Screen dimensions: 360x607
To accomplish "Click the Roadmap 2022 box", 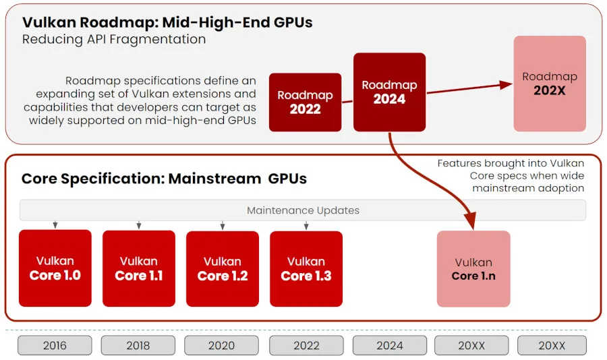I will tap(305, 102).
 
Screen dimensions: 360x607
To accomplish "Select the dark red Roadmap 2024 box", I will tap(389, 92).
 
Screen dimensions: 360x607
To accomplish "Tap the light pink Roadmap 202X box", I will tap(550, 84).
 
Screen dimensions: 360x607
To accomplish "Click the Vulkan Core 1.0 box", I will tap(55, 268).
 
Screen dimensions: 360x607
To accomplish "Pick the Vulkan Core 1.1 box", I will tap(139, 268).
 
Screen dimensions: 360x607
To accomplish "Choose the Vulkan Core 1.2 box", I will tap(223, 268).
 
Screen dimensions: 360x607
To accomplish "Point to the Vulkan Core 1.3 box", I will tap(306, 268).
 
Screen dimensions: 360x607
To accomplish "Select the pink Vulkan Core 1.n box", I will tap(473, 268).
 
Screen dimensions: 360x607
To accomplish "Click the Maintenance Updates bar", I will tap(303, 210).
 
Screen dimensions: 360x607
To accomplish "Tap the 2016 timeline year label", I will tap(55, 346).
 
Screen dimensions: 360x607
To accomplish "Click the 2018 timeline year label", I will tap(138, 346).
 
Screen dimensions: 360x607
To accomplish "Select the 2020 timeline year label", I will tap(221, 346).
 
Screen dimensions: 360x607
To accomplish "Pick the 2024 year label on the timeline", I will tap(390, 346).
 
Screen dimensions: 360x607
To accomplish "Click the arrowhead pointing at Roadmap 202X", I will tap(507, 84).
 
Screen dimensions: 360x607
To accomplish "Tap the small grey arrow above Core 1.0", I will tap(55, 224).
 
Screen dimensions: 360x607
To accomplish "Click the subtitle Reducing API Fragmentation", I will tap(114, 39).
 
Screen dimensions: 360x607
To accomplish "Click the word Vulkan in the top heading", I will tap(49, 22).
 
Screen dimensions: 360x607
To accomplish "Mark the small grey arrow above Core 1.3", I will tap(306, 224).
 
